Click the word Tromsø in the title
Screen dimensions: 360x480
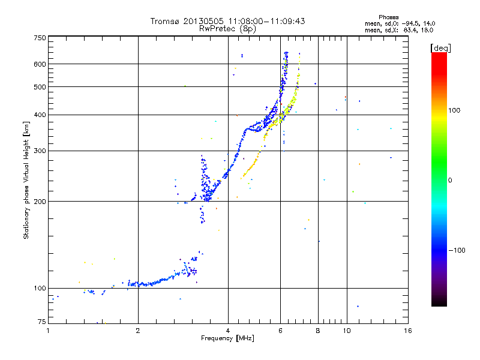[166, 21]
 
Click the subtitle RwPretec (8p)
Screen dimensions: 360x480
[227, 28]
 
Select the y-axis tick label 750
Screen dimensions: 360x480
[40, 38]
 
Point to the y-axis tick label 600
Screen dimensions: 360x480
[40, 64]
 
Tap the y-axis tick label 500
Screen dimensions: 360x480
[40, 87]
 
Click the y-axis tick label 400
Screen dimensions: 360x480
[40, 115]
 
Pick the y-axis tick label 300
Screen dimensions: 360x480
[40, 151]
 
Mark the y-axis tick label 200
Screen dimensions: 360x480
[40, 202]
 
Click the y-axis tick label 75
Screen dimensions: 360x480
[41, 322]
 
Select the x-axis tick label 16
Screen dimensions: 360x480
[407, 331]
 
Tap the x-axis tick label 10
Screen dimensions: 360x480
[346, 331]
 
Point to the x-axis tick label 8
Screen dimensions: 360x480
[318, 331]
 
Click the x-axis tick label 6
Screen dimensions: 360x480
[281, 331]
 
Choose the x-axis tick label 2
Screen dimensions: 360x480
[138, 331]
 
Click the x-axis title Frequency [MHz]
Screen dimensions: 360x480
[227, 339]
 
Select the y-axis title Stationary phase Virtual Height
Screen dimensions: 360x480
[26, 180]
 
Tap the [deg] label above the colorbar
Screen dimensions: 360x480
[441, 47]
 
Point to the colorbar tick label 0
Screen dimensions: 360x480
[451, 180]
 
